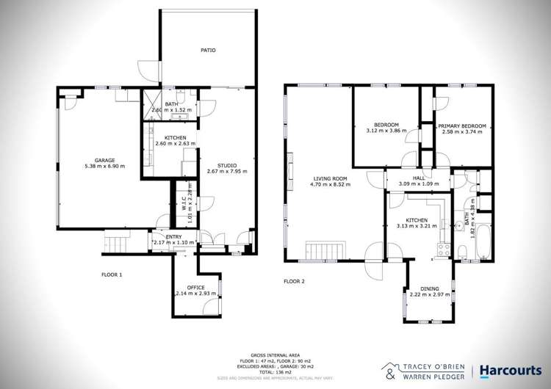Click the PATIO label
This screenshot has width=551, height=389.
point(209,51)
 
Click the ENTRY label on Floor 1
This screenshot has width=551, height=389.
point(173,236)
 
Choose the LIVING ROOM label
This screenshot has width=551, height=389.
point(330,178)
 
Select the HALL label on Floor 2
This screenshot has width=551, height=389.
point(418,178)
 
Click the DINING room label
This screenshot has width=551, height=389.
point(430,288)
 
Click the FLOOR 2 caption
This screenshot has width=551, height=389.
point(294,281)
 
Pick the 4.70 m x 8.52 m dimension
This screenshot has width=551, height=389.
point(330,185)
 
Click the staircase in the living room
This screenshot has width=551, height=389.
point(321,250)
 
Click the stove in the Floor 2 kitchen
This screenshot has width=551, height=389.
point(443,248)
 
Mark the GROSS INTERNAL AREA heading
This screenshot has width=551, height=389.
point(275,353)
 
